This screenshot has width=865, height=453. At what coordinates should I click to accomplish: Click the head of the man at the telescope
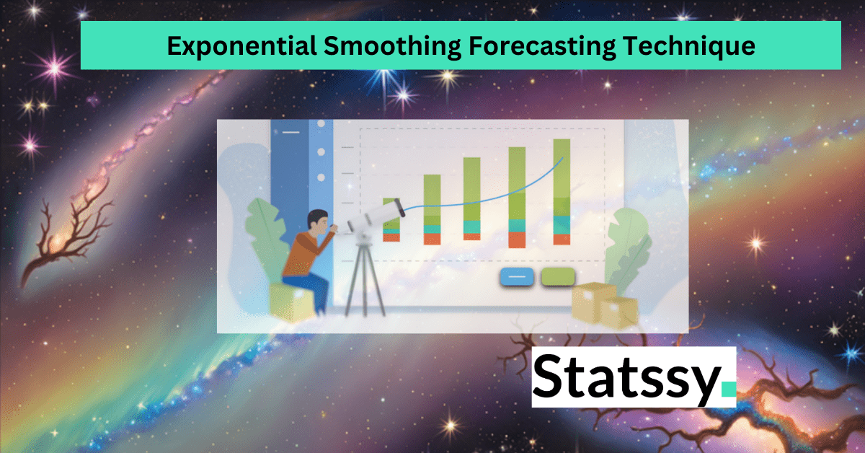click(318, 221)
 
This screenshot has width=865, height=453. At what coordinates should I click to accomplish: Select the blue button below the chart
click(516, 276)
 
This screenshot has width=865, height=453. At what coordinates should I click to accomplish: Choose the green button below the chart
click(558, 276)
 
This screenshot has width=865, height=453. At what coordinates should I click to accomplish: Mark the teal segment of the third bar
click(472, 226)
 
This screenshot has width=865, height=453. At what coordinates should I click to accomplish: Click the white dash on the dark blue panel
click(290, 132)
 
